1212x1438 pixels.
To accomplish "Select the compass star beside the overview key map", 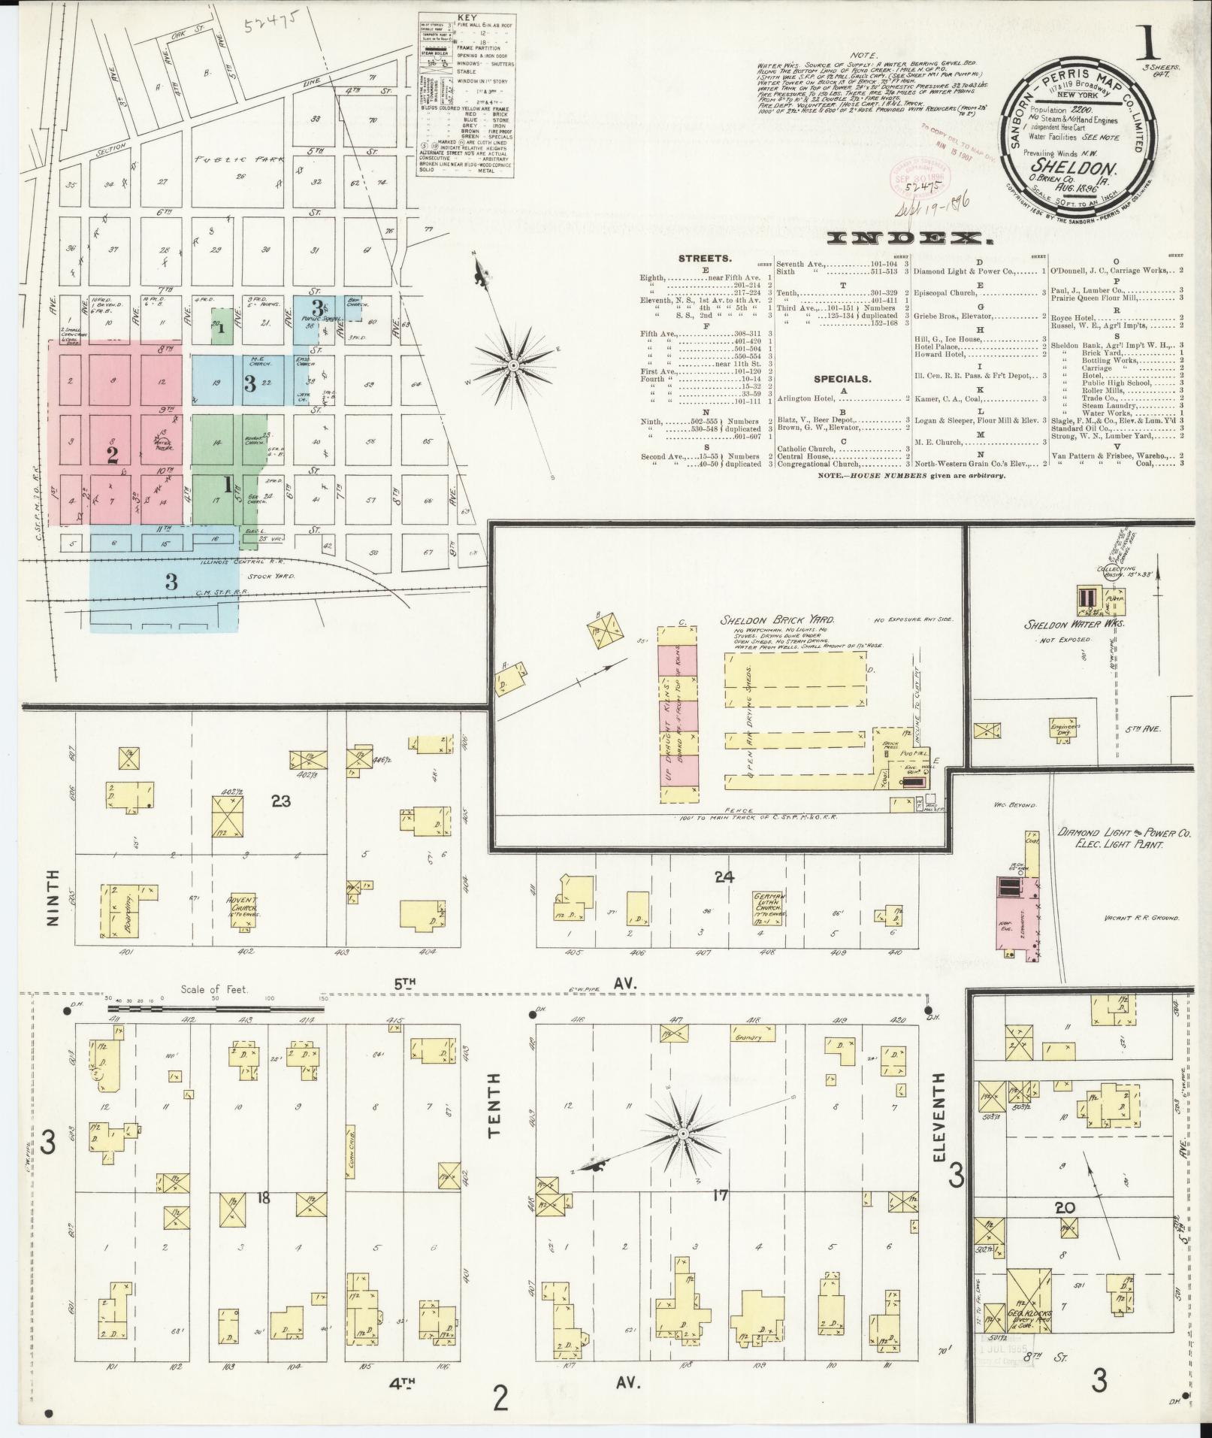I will [513, 365].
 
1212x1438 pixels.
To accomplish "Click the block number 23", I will [281, 802].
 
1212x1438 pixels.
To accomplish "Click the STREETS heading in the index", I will [704, 259].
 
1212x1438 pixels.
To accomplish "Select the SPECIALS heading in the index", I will [842, 380].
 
